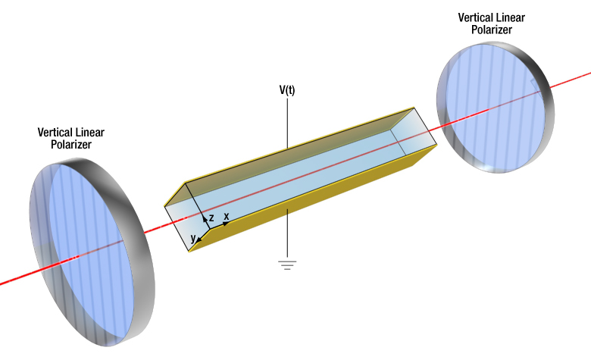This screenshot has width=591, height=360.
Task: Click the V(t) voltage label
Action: coord(287,89)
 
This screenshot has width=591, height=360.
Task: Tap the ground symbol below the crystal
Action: coord(287,265)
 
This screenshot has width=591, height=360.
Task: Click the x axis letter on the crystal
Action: coord(226,216)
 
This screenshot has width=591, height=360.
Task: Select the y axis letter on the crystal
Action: coord(193,238)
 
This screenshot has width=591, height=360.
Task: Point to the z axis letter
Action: coord(211,218)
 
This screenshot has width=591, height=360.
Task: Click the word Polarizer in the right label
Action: coord(491,30)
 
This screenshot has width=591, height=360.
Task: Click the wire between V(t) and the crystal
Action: coord(287,121)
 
